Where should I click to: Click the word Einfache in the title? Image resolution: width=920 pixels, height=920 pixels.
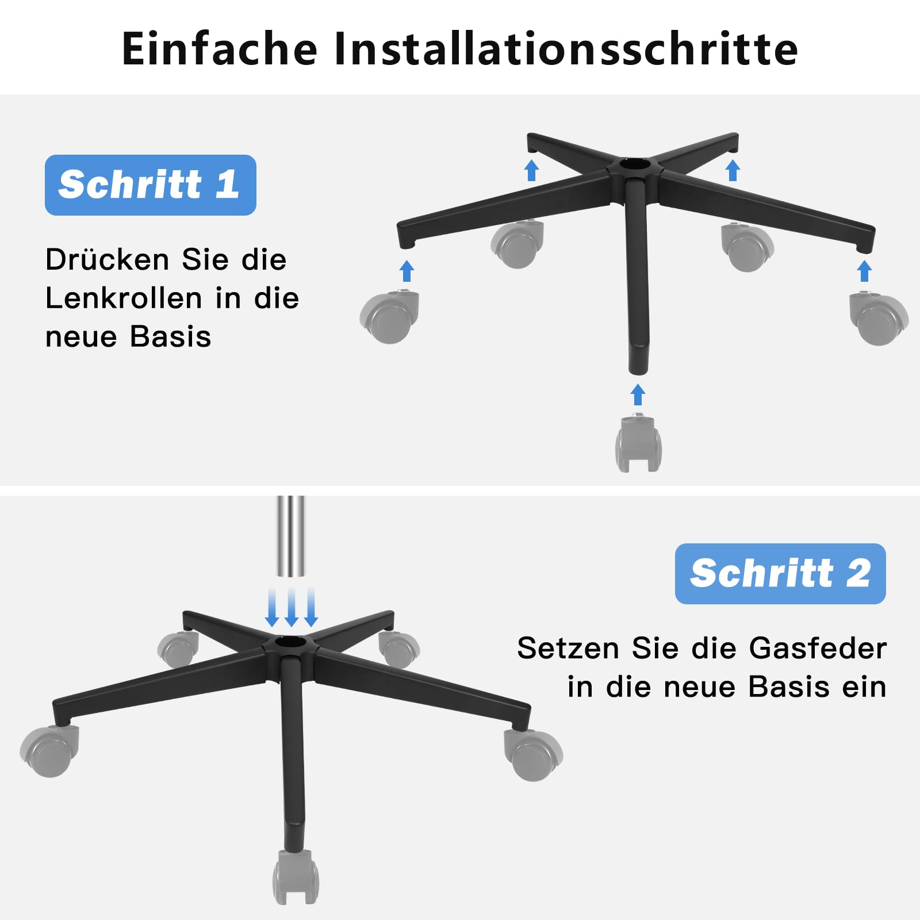click(x=220, y=48)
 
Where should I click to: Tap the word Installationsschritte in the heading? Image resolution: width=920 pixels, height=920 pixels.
click(x=566, y=48)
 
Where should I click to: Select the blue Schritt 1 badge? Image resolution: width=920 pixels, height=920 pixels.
click(x=151, y=185)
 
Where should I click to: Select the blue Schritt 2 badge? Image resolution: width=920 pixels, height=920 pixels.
click(x=780, y=573)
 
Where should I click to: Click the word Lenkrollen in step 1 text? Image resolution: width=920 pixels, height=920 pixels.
click(x=124, y=298)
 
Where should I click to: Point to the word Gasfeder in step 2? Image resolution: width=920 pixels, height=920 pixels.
click(x=818, y=649)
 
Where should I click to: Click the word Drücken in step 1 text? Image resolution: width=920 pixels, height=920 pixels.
click(x=107, y=259)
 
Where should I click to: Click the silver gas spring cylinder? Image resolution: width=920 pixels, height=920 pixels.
click(x=291, y=536)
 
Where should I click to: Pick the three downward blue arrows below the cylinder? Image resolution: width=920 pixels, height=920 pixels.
click(x=292, y=607)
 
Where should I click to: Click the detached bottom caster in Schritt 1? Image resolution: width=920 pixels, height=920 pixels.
click(x=638, y=443)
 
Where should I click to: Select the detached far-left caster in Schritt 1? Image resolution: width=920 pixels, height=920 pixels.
click(x=389, y=317)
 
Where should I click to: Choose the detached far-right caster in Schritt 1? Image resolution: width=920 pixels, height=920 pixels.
click(x=879, y=319)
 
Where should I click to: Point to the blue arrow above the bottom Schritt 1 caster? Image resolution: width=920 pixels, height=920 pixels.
click(x=638, y=394)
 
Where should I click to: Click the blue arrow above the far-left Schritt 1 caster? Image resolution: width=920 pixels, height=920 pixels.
click(x=407, y=270)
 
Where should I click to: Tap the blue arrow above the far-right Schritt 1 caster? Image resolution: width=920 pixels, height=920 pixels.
click(x=864, y=271)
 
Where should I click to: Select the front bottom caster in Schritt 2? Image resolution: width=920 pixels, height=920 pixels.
click(x=296, y=877)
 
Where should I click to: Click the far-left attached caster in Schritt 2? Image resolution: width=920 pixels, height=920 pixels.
click(x=49, y=751)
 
